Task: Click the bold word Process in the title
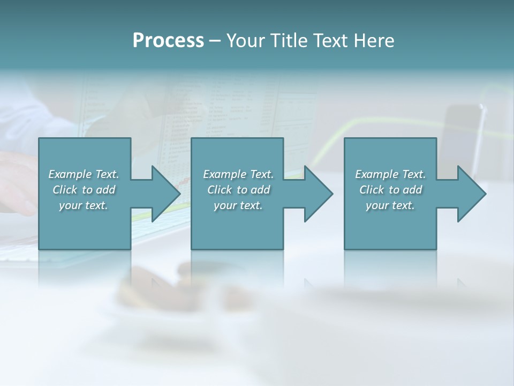(168, 41)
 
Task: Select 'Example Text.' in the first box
(84, 174)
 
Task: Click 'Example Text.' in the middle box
(238, 174)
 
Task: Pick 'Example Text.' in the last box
(390, 174)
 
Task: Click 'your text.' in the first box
(84, 205)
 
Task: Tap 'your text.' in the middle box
(238, 205)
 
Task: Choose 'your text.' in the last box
(390, 205)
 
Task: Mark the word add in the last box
(412, 190)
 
